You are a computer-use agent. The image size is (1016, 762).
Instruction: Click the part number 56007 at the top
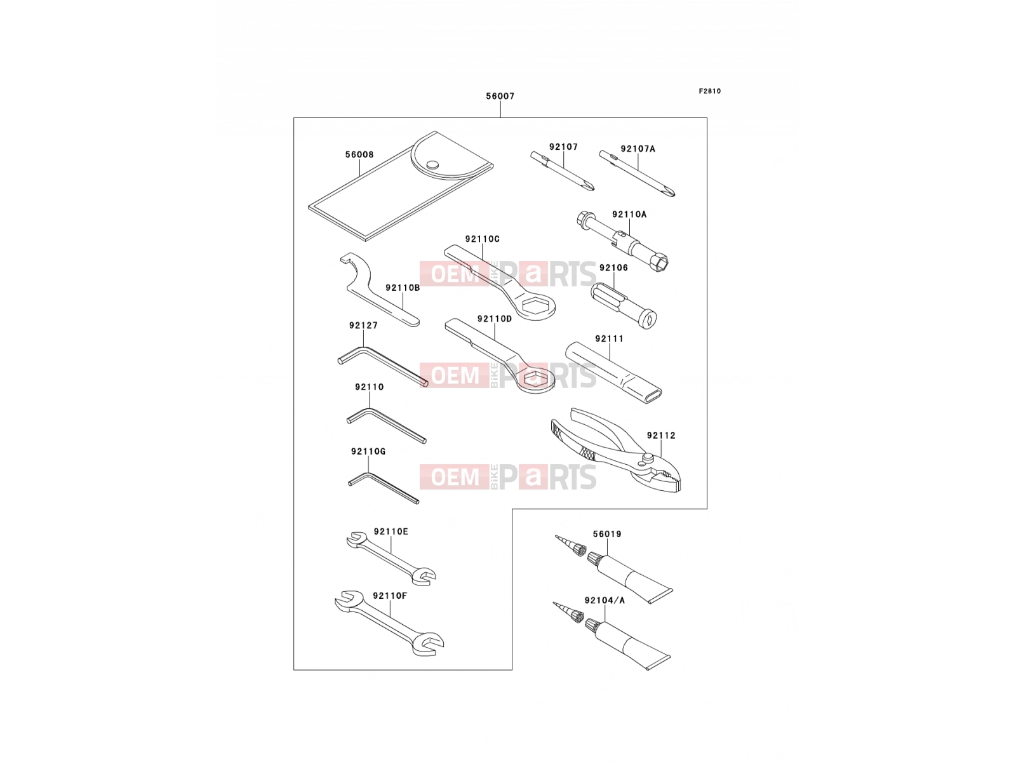[500, 97]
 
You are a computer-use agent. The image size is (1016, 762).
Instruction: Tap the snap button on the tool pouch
[432, 164]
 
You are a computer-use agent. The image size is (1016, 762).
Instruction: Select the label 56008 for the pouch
[359, 154]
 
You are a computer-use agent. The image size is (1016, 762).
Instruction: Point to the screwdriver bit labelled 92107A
[637, 173]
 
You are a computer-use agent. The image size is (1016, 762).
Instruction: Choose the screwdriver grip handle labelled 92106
[624, 306]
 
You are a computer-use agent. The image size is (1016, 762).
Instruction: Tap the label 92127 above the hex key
[363, 325]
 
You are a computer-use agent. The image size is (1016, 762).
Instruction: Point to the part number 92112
[661, 436]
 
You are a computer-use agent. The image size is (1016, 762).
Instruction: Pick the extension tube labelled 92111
[613, 373]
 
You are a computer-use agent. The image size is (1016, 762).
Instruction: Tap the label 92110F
[390, 596]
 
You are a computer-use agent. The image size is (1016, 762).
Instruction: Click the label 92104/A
[605, 601]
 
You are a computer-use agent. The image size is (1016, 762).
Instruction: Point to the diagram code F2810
[709, 91]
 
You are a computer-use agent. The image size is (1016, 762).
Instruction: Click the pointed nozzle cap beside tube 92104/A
[568, 612]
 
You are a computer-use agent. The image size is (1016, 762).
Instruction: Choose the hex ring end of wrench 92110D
[535, 379]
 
